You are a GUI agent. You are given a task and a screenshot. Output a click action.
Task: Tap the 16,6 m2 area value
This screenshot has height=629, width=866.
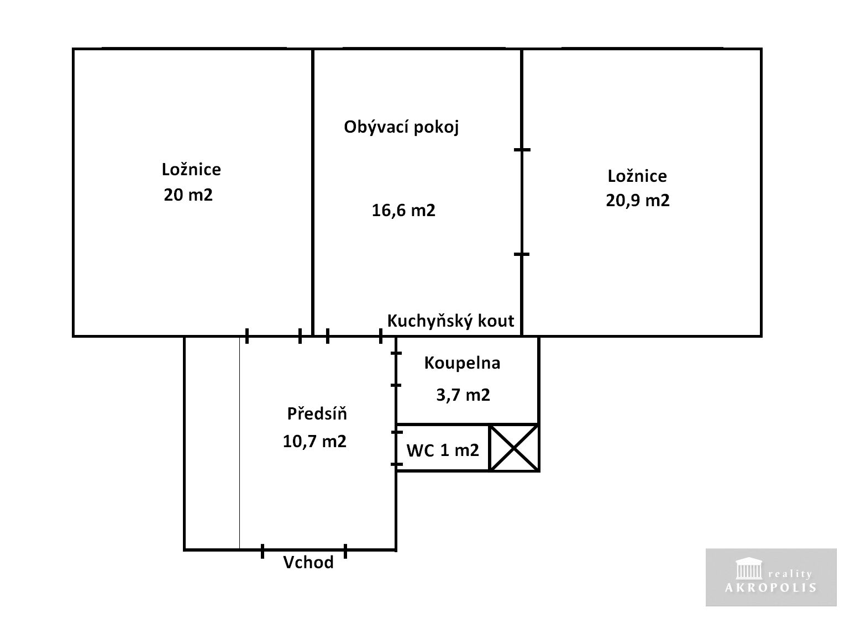pos(403,210)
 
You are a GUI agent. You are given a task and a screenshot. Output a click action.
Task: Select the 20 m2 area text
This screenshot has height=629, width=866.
pos(188,195)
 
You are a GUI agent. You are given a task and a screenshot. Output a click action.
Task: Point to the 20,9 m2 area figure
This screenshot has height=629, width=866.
pos(638,200)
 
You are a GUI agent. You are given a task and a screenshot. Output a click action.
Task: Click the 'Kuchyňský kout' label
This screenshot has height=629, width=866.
pos(451,321)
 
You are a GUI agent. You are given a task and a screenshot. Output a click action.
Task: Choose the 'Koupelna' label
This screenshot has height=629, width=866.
pos(463,363)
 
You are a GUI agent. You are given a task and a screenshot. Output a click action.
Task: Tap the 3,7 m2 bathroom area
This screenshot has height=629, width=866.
pos(463,395)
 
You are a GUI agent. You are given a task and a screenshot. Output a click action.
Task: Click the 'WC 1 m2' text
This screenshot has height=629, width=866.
pos(443,450)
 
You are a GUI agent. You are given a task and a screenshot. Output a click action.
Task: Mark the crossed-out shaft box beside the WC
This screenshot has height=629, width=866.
pos(514,448)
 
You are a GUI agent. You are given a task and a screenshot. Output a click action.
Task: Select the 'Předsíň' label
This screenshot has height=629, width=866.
pos(317,413)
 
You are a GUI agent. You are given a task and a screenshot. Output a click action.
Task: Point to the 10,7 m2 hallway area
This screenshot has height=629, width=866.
pos(314,442)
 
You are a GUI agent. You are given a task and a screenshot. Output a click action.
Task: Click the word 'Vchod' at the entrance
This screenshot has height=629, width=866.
pos(308,563)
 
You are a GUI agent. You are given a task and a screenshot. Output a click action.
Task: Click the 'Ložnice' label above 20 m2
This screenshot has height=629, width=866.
pos(191,170)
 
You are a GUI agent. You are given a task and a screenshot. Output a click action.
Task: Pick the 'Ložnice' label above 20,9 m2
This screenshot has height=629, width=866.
pos(637,176)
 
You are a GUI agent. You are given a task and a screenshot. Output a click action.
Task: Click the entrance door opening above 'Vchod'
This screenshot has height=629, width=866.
pos(304,550)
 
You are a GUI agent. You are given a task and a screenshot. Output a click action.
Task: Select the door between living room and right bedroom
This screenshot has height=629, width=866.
pos(522,202)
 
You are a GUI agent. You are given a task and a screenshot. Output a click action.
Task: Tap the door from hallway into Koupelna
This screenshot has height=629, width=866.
pos(396,369)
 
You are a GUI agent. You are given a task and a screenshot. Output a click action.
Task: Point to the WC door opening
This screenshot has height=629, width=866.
pos(396,448)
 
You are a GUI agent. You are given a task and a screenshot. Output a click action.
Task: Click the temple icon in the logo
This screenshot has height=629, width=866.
pos(749,568)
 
